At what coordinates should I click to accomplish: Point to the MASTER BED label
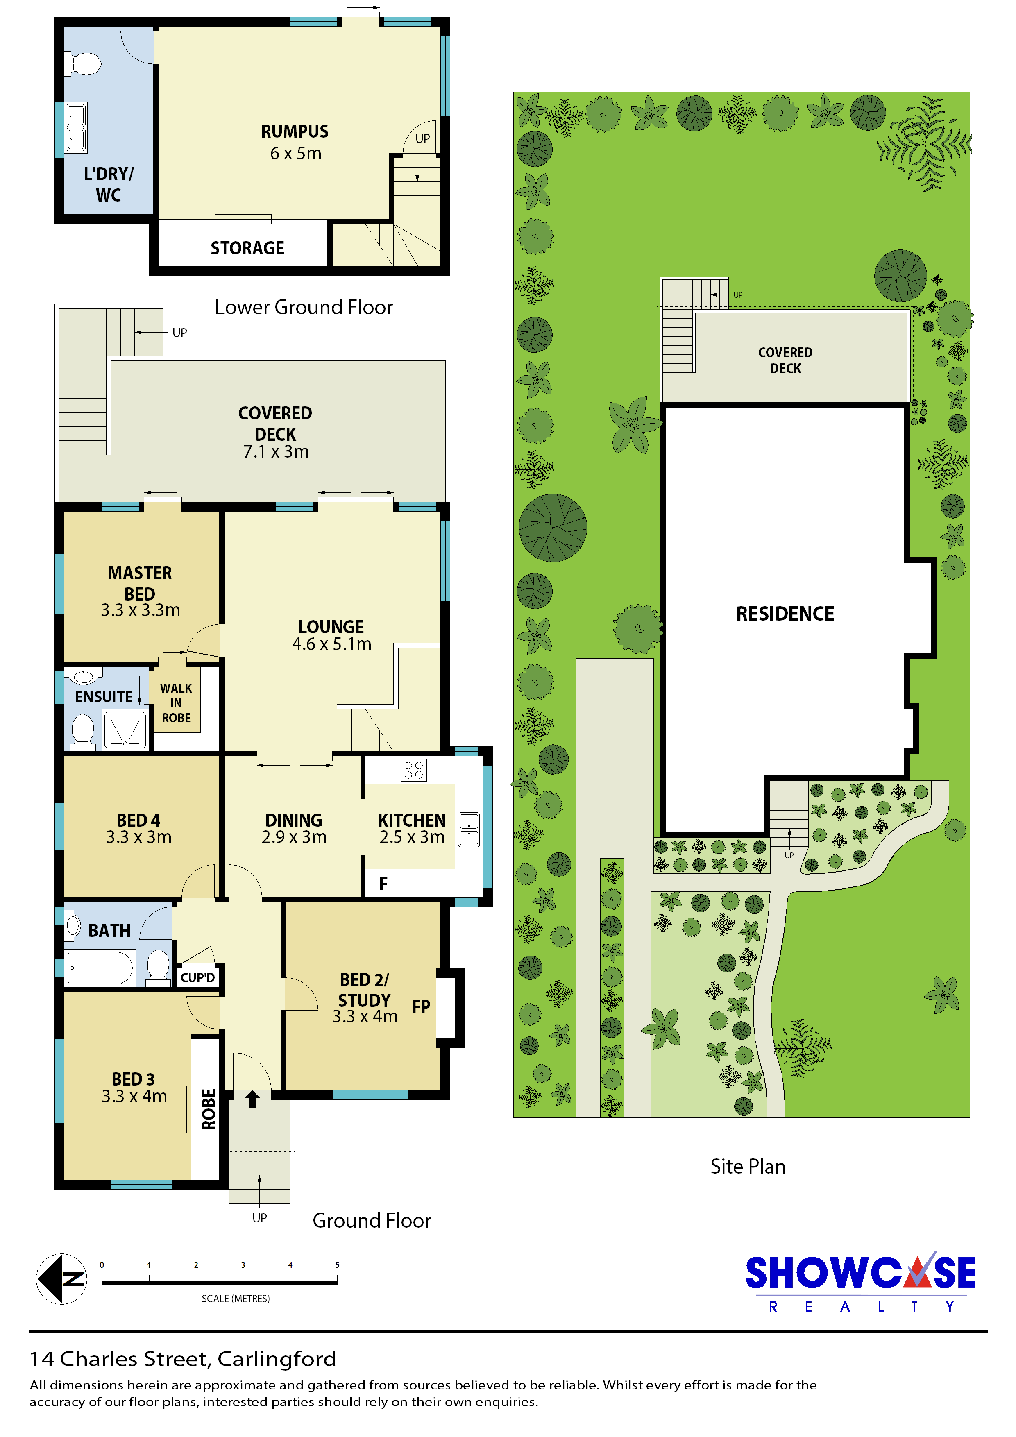click(x=140, y=583)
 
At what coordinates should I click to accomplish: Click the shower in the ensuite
click(x=125, y=730)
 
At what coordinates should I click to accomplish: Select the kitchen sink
click(x=469, y=829)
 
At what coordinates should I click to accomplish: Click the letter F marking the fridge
click(x=383, y=884)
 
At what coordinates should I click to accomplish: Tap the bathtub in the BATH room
click(x=100, y=968)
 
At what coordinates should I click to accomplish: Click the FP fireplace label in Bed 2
click(x=421, y=1006)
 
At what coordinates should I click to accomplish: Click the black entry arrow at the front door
click(x=252, y=1099)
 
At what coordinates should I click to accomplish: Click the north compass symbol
click(x=61, y=1278)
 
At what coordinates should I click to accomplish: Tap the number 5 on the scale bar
click(x=338, y=1265)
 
